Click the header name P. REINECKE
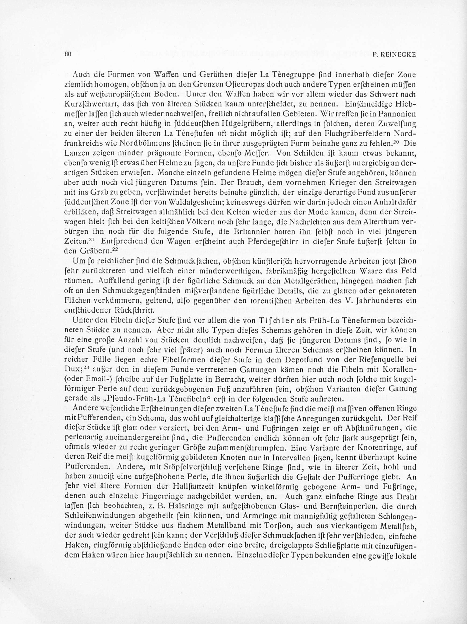click(x=394, y=55)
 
